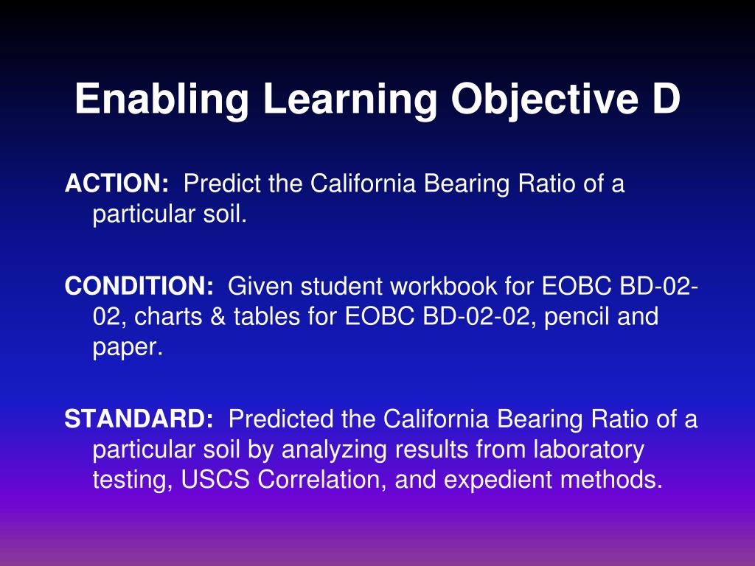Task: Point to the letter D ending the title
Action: coord(666,99)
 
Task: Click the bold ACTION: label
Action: coord(116,183)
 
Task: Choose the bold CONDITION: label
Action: coord(139,286)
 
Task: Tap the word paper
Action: coord(126,347)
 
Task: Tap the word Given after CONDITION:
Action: coord(261,286)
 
